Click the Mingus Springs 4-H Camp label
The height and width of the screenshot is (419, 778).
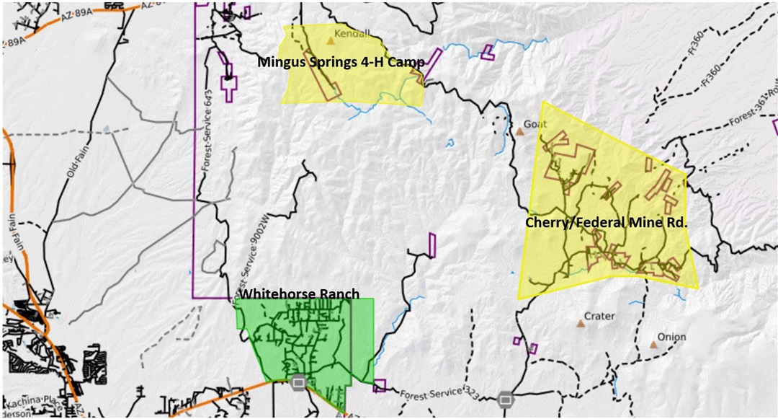[341, 63]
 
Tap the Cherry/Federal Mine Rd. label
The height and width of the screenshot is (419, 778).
[607, 224]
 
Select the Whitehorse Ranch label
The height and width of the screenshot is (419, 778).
[299, 295]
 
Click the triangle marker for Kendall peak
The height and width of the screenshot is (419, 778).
[331, 41]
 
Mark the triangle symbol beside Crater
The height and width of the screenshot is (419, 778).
[581, 324]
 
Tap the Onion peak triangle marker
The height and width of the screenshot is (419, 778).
[653, 345]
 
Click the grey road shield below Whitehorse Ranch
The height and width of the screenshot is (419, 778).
[298, 382]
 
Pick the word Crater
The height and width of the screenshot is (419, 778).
[599, 317]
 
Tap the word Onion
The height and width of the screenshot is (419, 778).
[671, 338]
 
